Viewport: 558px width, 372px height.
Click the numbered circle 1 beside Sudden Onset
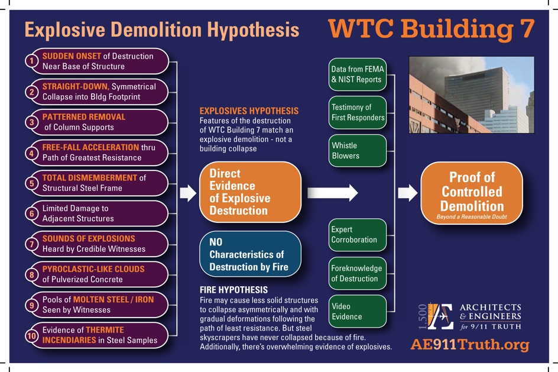point(32,61)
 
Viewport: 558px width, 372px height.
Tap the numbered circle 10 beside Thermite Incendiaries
point(32,335)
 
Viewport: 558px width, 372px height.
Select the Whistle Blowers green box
point(358,151)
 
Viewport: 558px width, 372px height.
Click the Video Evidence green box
point(358,311)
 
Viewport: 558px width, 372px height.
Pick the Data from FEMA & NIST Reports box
point(358,75)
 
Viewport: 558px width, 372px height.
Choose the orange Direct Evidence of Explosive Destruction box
point(250,192)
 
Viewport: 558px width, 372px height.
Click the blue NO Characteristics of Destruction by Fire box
point(250,254)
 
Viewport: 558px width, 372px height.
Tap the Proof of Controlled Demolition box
point(472,193)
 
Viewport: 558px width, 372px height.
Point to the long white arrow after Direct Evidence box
point(332,193)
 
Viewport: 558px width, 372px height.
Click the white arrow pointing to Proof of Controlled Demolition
point(407,193)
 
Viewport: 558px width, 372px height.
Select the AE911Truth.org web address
point(470,345)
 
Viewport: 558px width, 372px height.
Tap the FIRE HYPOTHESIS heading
point(234,290)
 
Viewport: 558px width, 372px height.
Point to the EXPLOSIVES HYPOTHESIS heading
point(249,111)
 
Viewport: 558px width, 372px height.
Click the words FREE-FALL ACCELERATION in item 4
point(90,147)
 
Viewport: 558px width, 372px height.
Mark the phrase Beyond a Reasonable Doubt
point(472,217)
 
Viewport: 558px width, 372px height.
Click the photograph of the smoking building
point(472,95)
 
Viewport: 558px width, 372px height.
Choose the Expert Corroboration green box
point(358,235)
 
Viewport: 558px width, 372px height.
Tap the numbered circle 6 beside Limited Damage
point(32,214)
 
